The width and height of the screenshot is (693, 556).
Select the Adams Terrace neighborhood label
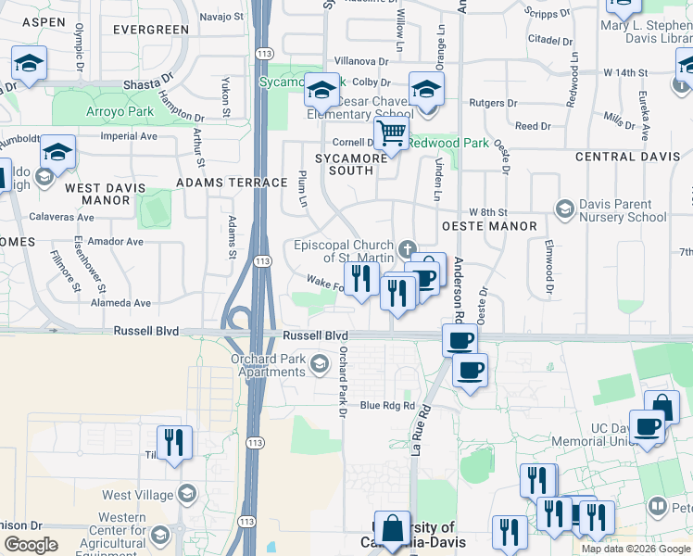(x=231, y=183)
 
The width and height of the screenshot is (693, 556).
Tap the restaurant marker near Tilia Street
(x=174, y=442)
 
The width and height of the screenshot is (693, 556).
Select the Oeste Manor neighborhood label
(x=489, y=226)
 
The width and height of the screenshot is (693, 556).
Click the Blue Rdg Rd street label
(x=386, y=405)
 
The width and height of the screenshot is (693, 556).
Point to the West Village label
(x=137, y=494)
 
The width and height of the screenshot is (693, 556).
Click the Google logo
(x=31, y=545)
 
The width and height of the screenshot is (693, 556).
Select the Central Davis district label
(x=627, y=157)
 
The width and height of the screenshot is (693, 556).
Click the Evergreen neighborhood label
(x=151, y=30)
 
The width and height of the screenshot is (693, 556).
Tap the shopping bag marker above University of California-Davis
(x=392, y=527)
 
